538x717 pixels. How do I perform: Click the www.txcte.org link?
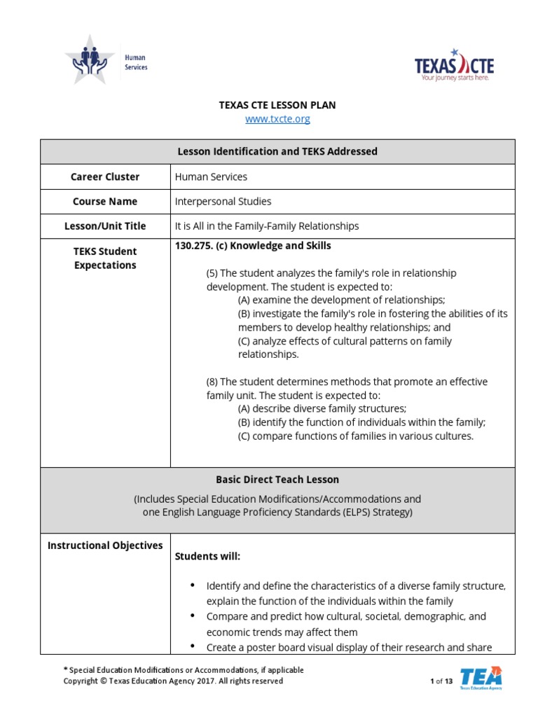[277, 119]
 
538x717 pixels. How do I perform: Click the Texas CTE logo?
[454, 66]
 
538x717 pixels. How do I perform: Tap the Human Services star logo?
[89, 60]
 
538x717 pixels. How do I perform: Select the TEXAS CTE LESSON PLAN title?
[277, 105]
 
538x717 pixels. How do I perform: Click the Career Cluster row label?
[105, 177]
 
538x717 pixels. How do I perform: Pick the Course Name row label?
[105, 202]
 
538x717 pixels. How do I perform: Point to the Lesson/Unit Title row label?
[105, 226]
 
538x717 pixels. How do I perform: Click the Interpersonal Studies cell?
[223, 202]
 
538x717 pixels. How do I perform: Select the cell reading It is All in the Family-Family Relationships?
[266, 226]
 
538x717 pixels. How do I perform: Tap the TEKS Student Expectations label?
[105, 258]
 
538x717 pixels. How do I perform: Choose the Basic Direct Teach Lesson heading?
[277, 480]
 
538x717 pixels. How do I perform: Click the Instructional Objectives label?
[105, 545]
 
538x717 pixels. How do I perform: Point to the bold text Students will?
[207, 557]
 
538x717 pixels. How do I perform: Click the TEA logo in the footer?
[481, 678]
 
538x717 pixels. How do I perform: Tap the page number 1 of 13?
[441, 681]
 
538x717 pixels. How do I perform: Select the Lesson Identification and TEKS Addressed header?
[277, 151]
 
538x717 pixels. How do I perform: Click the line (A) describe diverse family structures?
[322, 409]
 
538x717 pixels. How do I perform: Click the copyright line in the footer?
[174, 681]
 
